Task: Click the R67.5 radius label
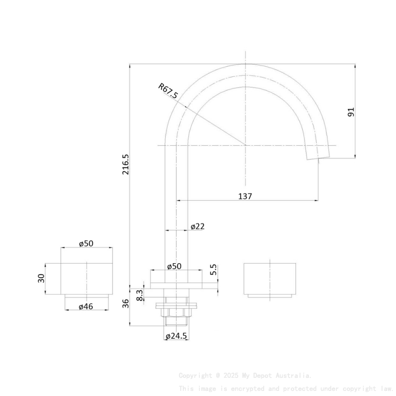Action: pos(168,91)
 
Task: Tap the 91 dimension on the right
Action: pos(351,112)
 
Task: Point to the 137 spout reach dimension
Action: pos(245,196)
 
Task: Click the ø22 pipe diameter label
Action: pos(198,226)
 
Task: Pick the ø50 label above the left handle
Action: pos(86,244)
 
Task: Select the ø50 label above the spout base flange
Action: pos(174,266)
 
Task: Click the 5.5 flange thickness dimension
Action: pos(214,270)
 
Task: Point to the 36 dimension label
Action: pos(125,303)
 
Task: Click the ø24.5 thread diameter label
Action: pos(176,336)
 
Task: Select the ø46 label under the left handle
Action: pos(86,306)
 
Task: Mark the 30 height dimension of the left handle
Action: pos(41,278)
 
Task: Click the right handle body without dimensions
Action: pos(270,278)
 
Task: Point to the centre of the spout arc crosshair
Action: pos(246,145)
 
